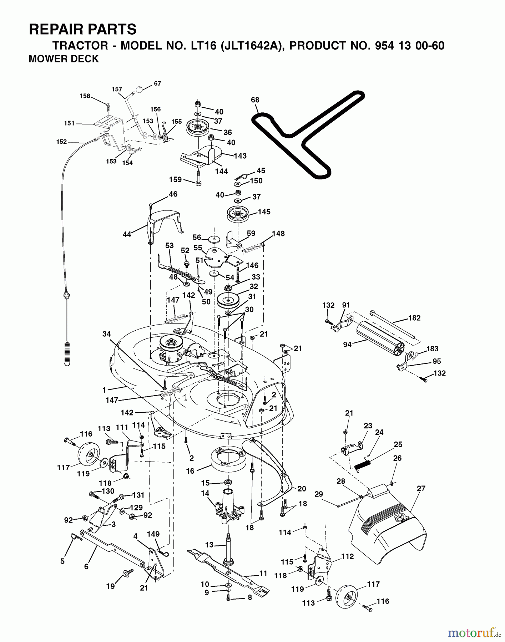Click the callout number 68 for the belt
coord(255,100)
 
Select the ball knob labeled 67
coord(141,88)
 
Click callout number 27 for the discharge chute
coord(421,488)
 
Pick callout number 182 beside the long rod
coord(414,318)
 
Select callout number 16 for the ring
coord(190,471)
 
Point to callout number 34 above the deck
coord(106,334)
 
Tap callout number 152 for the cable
coord(61,142)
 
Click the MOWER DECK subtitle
coord(64,59)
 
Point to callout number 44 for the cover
coord(127,234)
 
